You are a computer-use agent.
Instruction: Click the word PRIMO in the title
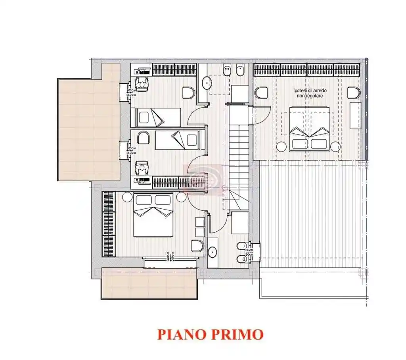(237, 334)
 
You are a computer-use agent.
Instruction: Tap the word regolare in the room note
(311, 96)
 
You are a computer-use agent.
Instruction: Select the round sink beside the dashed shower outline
(207, 83)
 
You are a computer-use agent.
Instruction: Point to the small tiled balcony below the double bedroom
(149, 283)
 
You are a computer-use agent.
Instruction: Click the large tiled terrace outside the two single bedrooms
(89, 127)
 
